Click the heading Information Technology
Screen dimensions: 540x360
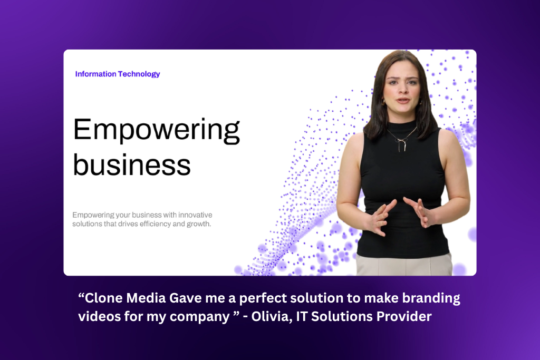(118, 74)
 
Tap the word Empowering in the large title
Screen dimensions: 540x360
(157, 130)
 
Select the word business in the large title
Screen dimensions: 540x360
(132, 164)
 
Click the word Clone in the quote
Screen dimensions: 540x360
(104, 298)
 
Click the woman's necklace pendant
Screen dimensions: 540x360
(401, 143)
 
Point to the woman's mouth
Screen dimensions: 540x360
(402, 101)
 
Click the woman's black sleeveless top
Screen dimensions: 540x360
(402, 193)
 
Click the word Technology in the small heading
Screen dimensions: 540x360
(139, 74)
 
